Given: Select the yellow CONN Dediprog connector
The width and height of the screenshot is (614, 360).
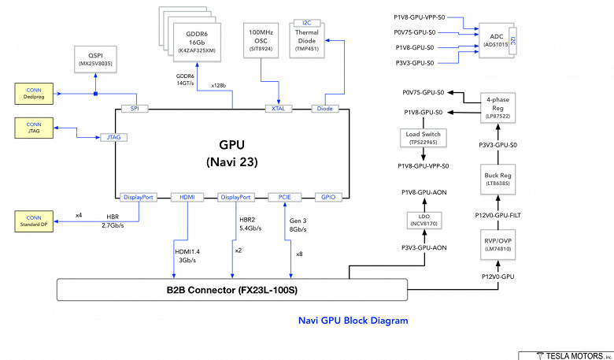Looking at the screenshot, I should [x=34, y=93].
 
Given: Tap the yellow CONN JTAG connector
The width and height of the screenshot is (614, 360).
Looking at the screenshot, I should [x=34, y=128].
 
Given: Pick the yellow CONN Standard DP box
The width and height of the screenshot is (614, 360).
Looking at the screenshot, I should [x=34, y=222].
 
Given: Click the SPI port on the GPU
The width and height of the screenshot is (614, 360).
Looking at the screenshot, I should [x=135, y=108].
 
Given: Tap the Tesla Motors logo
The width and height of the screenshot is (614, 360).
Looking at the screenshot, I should [x=564, y=354].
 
